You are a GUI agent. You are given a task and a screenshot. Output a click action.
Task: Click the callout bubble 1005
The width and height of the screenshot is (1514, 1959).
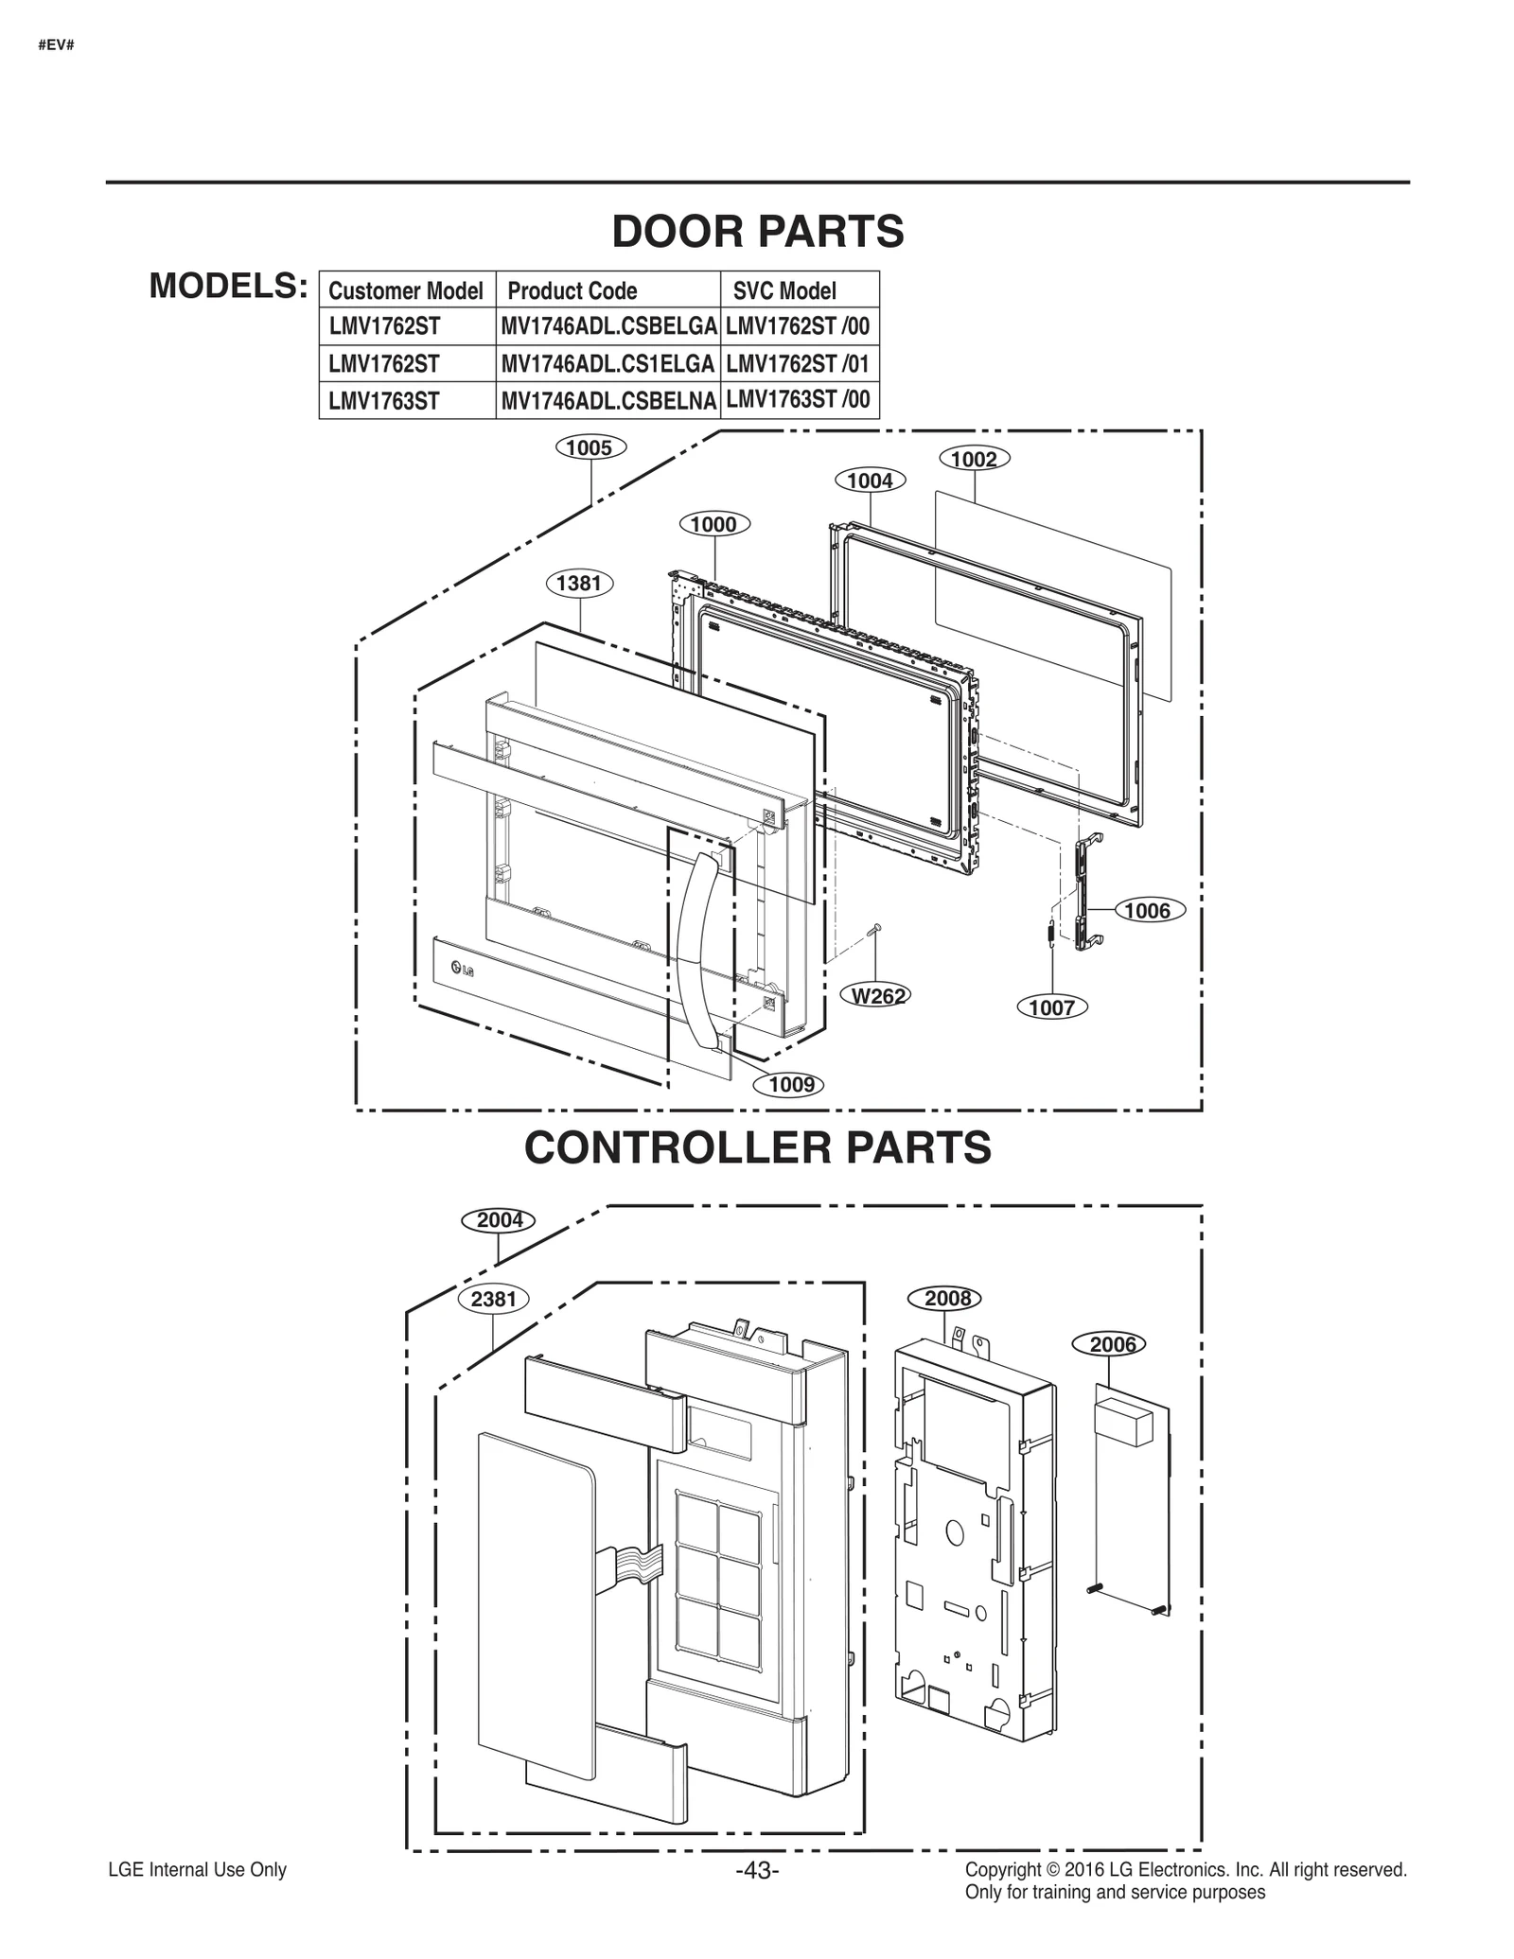(x=590, y=447)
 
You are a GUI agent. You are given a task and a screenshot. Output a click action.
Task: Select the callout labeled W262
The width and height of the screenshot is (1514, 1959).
(x=877, y=995)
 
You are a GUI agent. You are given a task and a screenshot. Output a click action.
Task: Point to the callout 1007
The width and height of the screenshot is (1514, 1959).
(x=1051, y=1007)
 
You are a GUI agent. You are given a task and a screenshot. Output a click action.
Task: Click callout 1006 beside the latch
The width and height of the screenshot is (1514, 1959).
(x=1148, y=911)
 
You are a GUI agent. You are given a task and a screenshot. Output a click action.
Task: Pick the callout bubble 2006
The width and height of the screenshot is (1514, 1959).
(x=1112, y=1344)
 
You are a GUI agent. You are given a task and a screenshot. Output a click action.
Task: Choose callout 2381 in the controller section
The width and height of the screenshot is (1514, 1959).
(x=493, y=1299)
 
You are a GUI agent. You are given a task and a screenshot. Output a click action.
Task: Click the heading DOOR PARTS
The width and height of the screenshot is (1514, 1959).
(x=758, y=232)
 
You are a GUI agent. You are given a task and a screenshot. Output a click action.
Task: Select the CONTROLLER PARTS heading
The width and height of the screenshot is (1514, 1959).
(x=758, y=1147)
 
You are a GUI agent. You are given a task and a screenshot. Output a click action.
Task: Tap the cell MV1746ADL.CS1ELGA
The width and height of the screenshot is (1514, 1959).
(x=607, y=364)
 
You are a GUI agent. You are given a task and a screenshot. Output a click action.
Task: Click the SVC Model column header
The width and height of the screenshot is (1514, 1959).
(x=784, y=290)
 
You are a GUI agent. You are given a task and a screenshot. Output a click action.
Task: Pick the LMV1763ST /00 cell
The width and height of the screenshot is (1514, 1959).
(x=798, y=399)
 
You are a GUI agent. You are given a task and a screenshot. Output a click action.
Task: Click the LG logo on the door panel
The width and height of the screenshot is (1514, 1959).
(x=462, y=968)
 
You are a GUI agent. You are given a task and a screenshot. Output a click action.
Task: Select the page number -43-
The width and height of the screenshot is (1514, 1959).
(x=757, y=1870)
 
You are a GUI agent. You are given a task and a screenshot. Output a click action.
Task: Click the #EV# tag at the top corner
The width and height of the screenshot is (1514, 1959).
(x=56, y=45)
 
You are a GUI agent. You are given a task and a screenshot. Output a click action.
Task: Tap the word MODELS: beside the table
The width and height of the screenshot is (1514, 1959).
(x=228, y=286)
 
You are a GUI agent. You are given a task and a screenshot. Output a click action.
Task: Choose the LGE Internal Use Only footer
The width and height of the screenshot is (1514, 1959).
(x=197, y=1870)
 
